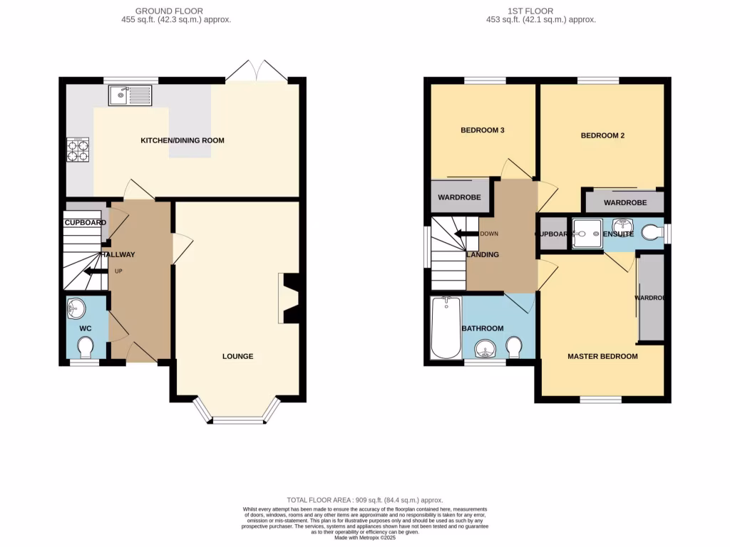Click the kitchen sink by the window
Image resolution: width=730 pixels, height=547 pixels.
(x=130, y=95)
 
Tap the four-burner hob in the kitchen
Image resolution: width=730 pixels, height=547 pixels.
(x=78, y=149)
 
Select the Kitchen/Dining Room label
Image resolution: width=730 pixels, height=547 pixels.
(x=182, y=140)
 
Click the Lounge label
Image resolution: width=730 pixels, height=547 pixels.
(x=237, y=356)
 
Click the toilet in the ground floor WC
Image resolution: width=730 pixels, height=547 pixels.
(x=86, y=348)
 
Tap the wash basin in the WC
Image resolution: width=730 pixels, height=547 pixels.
(x=76, y=308)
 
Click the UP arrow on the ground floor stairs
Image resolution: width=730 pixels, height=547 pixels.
(x=93, y=271)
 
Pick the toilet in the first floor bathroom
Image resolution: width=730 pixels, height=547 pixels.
(x=513, y=348)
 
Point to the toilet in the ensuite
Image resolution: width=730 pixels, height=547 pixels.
(x=652, y=232)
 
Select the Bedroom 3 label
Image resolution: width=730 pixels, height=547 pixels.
(x=482, y=130)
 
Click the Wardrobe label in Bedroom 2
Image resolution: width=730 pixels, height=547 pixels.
(x=624, y=203)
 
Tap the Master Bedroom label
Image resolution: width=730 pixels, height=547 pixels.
(x=602, y=356)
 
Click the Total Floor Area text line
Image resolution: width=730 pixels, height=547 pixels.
(x=364, y=501)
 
